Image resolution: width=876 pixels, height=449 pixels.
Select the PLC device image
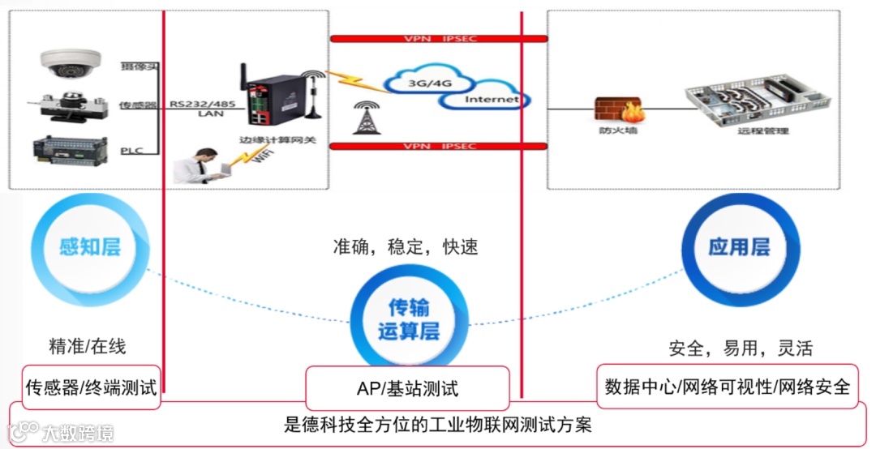coord(69,152)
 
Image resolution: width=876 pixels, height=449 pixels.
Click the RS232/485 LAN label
coord(203,108)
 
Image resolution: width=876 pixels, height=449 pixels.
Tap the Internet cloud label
coord(490,100)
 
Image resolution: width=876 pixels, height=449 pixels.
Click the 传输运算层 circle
coord(409,319)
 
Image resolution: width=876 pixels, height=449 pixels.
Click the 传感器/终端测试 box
coord(91,385)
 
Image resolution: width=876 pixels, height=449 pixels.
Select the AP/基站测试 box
coord(407,388)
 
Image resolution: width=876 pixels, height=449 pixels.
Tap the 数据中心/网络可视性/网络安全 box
coord(727,386)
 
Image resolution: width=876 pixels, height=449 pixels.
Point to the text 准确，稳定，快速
coord(405,247)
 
